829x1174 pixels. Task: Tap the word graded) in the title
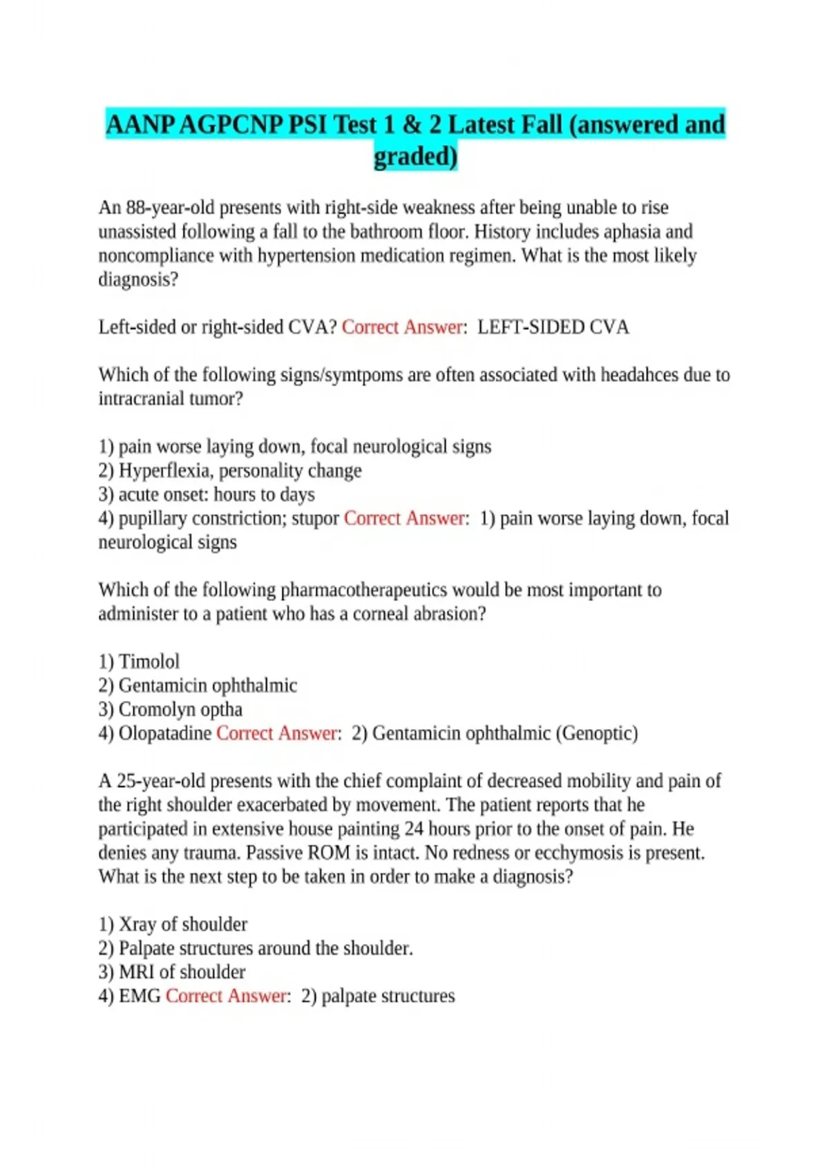[415, 156]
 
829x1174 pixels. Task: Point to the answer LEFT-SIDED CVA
[553, 327]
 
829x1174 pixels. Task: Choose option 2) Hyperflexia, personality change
[230, 471]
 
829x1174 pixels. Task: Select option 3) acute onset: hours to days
[207, 494]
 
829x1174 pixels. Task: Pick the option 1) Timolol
[139, 662]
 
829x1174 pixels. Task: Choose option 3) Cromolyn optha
[171, 709]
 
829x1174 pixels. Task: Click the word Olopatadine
[165, 733]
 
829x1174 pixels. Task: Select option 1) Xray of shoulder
[173, 924]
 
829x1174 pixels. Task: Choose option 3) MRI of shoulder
[172, 972]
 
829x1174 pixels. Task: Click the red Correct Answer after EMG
[226, 996]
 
